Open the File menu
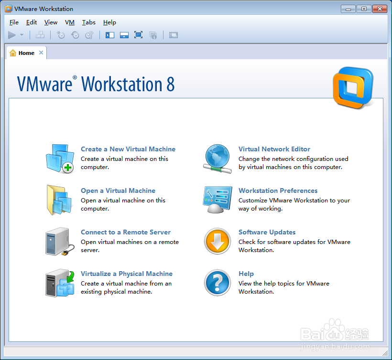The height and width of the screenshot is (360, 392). point(14,22)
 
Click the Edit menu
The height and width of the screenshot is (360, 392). point(32,22)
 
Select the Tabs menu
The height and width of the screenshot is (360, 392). point(89,22)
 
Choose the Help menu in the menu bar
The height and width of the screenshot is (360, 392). point(109,22)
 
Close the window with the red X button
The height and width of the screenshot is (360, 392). point(380,9)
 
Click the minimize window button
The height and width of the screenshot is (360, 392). point(348,9)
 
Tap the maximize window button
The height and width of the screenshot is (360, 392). point(364,9)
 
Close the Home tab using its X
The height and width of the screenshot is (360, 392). point(41,53)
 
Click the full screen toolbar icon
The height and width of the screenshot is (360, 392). point(138,35)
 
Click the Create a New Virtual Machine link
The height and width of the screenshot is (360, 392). point(128,149)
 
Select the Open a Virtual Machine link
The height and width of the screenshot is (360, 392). point(118,191)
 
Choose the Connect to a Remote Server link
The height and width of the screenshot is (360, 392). point(126,232)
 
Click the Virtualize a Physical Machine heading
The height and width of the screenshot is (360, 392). point(127,274)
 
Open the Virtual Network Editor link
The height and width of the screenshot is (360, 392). point(274,149)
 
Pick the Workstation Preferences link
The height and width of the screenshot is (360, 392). point(278,191)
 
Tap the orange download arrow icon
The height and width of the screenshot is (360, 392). point(218,241)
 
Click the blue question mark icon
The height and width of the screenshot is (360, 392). point(218,283)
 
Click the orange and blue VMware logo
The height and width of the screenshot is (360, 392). point(353,87)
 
